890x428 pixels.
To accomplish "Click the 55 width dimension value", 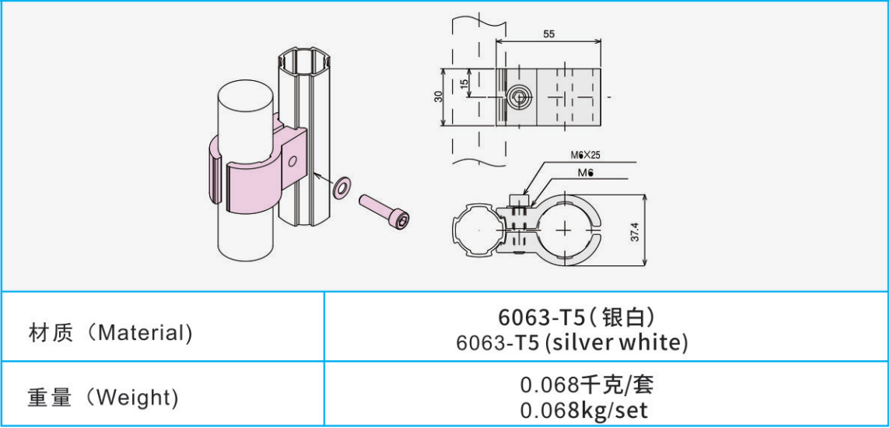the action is (548, 34).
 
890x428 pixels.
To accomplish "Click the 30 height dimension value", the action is (438, 96).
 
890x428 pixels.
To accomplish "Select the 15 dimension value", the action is (464, 82).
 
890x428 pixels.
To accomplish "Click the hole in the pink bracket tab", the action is (292, 161).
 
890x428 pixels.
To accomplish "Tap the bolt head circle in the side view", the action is (519, 97).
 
